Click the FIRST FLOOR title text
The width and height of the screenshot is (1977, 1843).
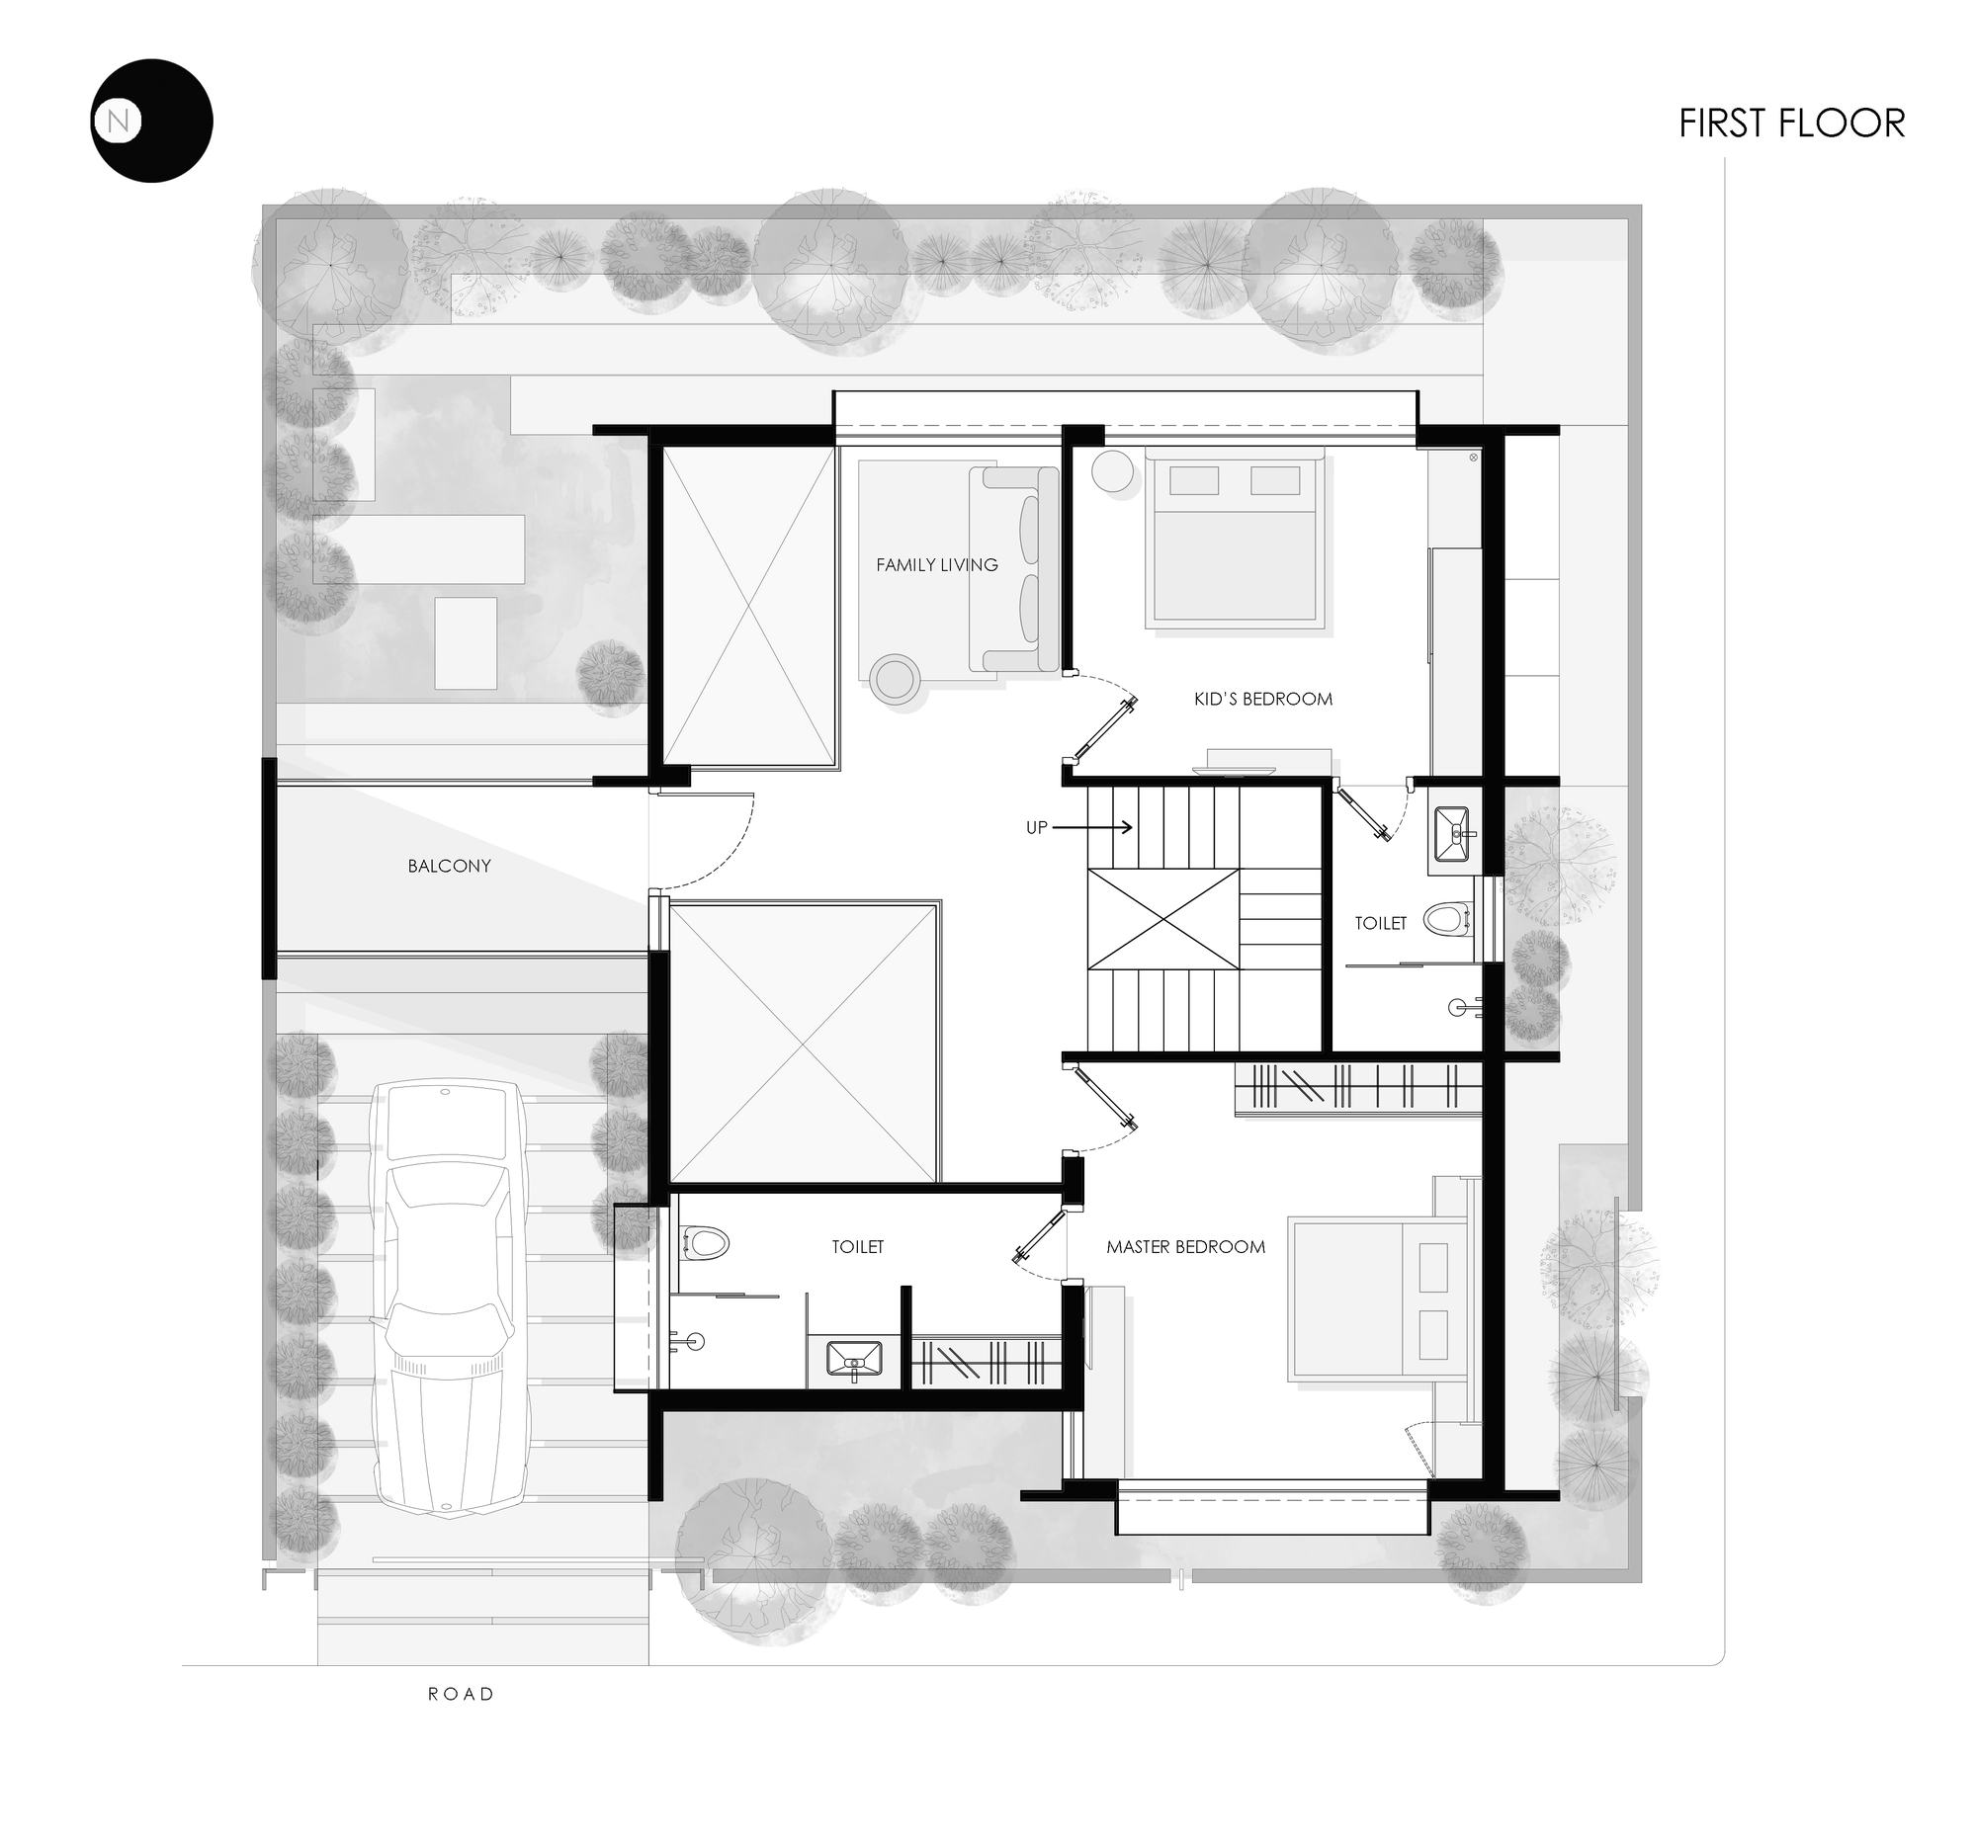[1791, 124]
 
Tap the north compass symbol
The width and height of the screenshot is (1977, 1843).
[151, 121]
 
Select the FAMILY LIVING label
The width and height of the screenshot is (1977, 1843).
[936, 564]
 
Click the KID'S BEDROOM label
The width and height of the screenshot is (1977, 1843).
[1262, 699]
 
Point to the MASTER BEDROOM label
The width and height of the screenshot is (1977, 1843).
[1185, 1246]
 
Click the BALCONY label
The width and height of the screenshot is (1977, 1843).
[449, 866]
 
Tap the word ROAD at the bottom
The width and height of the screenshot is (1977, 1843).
[461, 1694]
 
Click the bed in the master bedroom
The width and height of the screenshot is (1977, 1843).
[1376, 1300]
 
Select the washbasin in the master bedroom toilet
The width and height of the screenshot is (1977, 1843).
[854, 1358]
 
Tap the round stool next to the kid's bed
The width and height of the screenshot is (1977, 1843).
[1111, 471]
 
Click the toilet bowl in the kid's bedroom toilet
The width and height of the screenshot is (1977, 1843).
[1446, 918]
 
